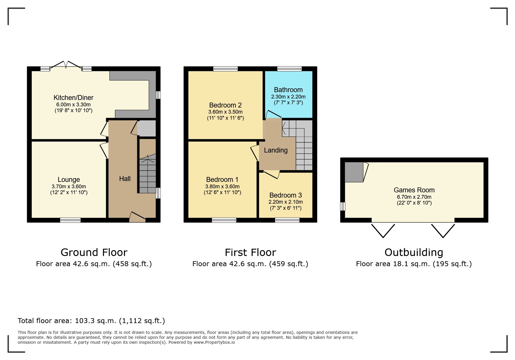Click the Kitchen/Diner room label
73,98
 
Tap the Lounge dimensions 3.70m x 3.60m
69,187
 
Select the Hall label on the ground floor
125,179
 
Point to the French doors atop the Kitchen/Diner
66,65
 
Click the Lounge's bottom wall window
70,220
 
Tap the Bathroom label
288,90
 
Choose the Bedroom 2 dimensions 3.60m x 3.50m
225,112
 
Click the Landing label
276,150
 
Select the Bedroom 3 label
286,195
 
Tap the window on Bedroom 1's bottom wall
224,220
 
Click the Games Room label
414,190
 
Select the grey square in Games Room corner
354,172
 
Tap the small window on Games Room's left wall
343,206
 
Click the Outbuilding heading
414,252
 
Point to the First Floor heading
250,252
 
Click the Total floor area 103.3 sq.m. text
91,321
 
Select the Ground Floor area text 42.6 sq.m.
94,264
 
